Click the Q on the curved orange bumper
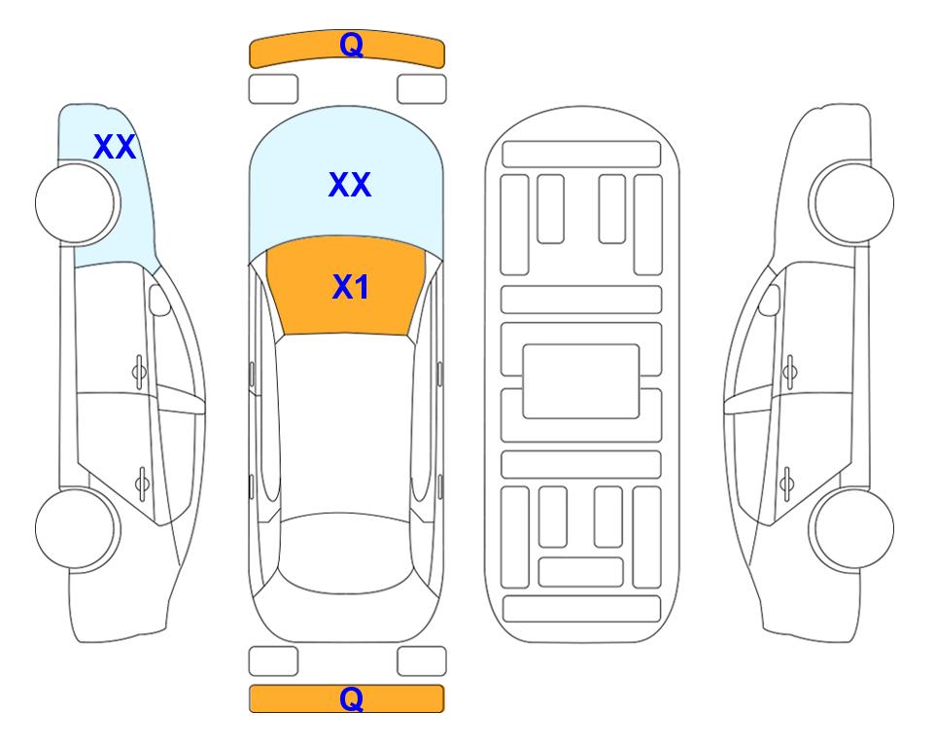click(351, 45)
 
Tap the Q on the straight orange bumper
click(351, 698)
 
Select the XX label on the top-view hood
click(350, 185)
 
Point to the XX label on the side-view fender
click(115, 147)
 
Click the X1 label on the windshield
click(351, 287)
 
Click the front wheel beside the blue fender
click(78, 203)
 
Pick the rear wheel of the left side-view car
click(78, 528)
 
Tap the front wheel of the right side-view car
click(851, 202)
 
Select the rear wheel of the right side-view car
click(851, 528)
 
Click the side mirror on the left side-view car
click(158, 300)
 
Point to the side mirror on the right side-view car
click(769, 300)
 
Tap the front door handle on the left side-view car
click(139, 373)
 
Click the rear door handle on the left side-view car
click(143, 482)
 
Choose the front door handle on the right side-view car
click(790, 373)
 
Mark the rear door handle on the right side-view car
click(786, 482)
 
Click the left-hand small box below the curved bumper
click(273, 89)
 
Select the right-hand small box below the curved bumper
click(422, 89)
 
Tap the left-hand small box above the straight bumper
click(273, 661)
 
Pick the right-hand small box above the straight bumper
click(422, 661)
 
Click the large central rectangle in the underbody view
click(581, 381)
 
